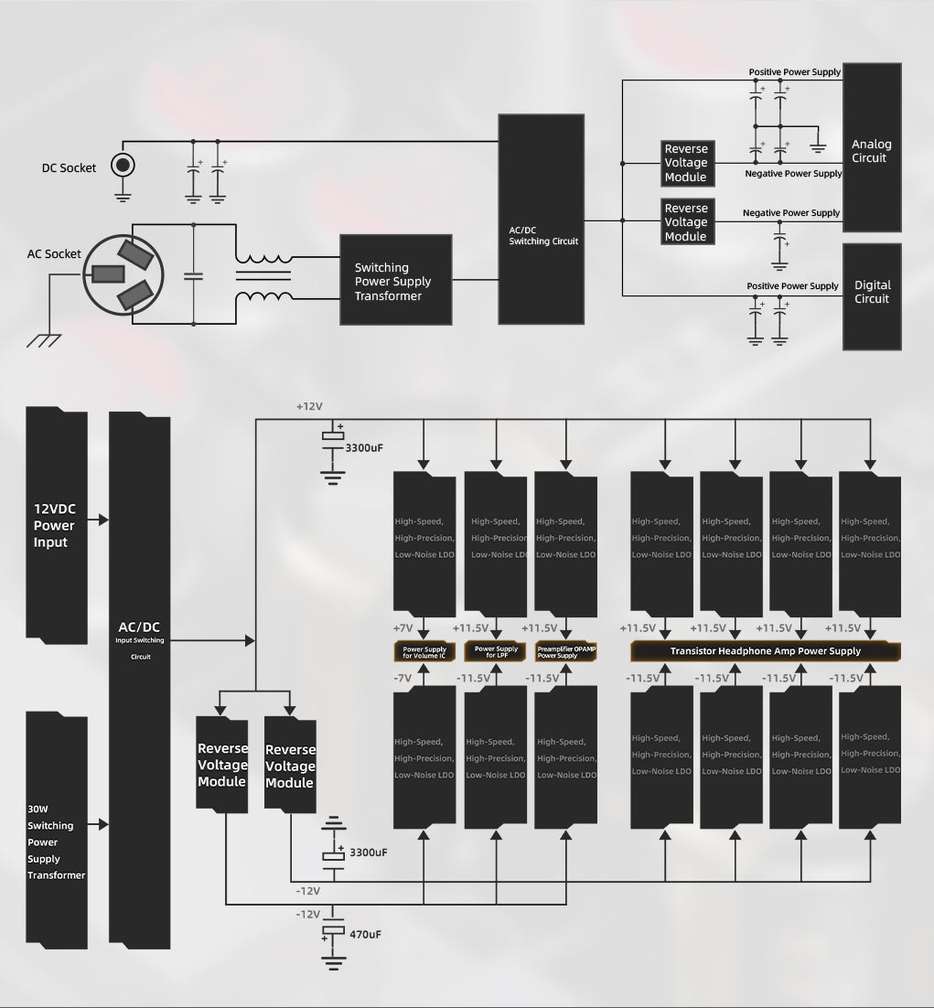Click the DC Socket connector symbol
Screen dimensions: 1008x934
coord(123,166)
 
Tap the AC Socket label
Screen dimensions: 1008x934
coord(54,254)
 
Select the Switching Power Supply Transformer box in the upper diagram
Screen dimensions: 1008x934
coord(395,280)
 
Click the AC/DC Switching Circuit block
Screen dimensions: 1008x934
coord(541,220)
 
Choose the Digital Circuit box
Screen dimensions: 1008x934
coord(872,296)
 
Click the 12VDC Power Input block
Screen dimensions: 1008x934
coord(56,524)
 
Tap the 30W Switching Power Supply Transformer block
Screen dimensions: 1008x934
coord(56,831)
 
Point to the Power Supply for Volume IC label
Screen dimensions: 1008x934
coord(424,652)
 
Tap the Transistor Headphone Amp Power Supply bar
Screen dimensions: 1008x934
coord(765,651)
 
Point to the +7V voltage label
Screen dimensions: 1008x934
coord(403,628)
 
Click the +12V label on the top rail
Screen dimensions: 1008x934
coord(309,405)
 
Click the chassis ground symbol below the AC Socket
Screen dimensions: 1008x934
coord(43,341)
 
